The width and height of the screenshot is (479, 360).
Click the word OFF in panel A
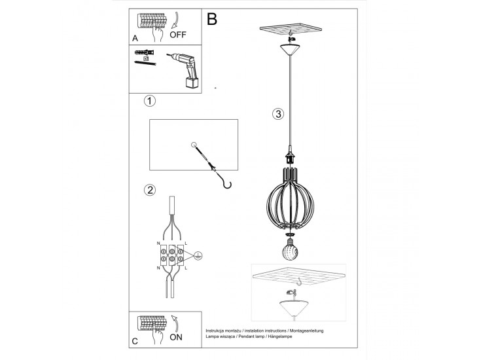(178, 35)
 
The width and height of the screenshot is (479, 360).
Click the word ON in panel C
(176, 337)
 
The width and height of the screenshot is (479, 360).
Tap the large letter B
(212, 19)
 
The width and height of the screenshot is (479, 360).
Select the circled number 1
(150, 101)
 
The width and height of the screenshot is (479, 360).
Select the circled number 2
(150, 190)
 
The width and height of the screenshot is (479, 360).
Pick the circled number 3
(278, 114)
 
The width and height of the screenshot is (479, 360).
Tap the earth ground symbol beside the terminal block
(198, 255)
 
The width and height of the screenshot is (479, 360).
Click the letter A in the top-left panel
(135, 39)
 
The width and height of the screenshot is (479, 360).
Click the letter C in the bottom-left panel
(135, 341)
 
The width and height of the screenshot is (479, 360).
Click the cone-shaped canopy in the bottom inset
(294, 308)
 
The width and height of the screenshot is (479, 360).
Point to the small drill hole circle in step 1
(194, 145)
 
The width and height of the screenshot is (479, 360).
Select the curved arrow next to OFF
(175, 20)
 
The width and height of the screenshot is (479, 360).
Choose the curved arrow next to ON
(175, 323)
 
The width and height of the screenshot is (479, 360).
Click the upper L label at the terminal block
(186, 243)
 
